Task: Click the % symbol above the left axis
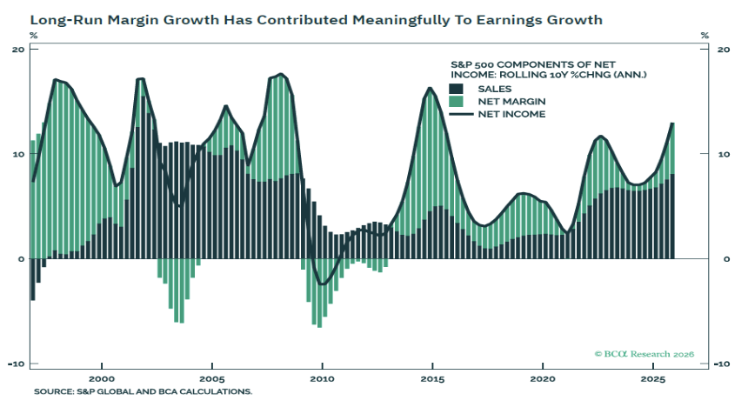coord(34,36)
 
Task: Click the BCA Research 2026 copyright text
coord(643,354)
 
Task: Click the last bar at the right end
coord(672,191)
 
